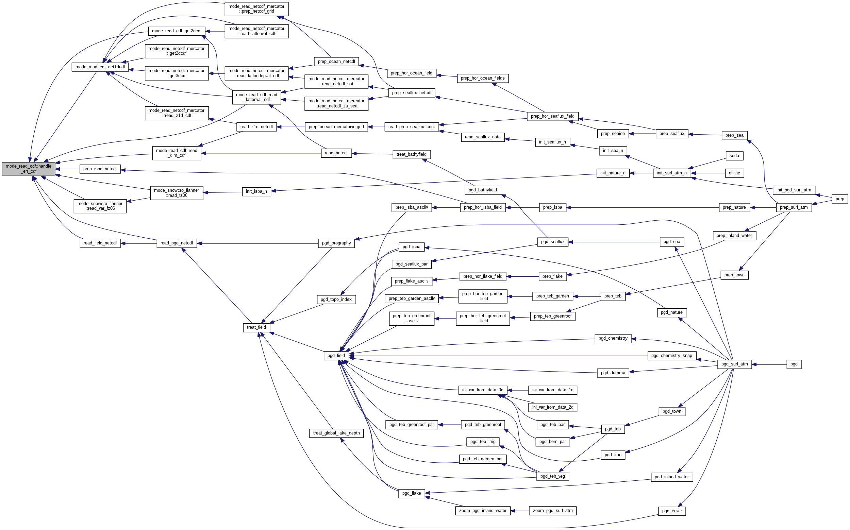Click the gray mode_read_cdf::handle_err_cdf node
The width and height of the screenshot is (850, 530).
pos(29,169)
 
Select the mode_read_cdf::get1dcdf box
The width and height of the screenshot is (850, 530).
pos(100,67)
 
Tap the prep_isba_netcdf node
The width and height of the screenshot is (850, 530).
pos(100,169)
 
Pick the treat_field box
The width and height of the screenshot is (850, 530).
pos(256,327)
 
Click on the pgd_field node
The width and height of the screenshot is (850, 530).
pos(336,356)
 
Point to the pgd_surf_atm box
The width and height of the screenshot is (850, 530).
pos(734,364)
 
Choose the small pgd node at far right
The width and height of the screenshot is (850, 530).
pos(794,364)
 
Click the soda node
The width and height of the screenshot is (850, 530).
pos(734,156)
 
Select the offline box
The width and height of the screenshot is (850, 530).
pos(734,173)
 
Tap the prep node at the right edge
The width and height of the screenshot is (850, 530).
pos(840,199)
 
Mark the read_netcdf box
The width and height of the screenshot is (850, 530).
pos(336,153)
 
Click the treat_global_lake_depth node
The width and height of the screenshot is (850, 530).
pos(336,433)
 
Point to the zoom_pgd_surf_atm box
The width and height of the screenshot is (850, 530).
pos(553,511)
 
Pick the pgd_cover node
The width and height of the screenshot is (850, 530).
pos(672,511)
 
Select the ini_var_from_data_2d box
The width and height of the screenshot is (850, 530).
pos(553,407)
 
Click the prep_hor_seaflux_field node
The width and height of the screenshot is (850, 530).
pos(553,116)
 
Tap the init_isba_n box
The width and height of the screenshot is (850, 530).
pos(256,191)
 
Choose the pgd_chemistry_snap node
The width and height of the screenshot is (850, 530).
pos(671,356)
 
